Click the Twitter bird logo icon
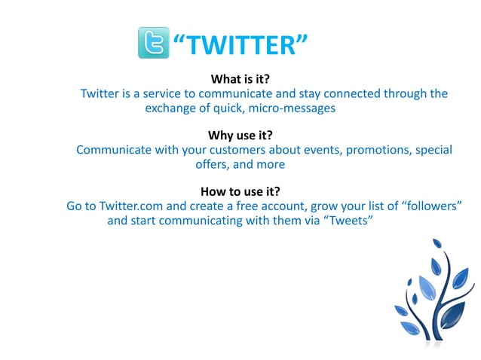pos(153,42)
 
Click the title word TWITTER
pos(238,46)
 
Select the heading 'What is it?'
pos(240,79)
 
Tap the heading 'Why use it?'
pos(240,136)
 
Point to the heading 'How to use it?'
pos(240,191)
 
